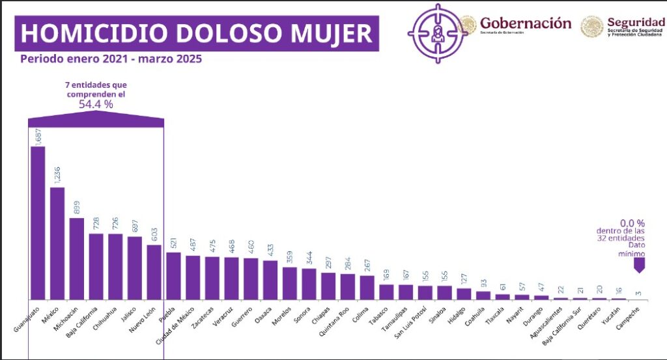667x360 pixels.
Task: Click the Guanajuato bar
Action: click(38, 222)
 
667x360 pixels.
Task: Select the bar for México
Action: click(57, 243)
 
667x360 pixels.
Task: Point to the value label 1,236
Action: click(57, 174)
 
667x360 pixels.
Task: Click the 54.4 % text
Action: click(95, 104)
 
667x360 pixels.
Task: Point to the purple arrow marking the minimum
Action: click(639, 265)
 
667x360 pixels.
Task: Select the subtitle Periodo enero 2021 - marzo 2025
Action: click(111, 59)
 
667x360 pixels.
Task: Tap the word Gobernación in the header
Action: click(526, 23)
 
